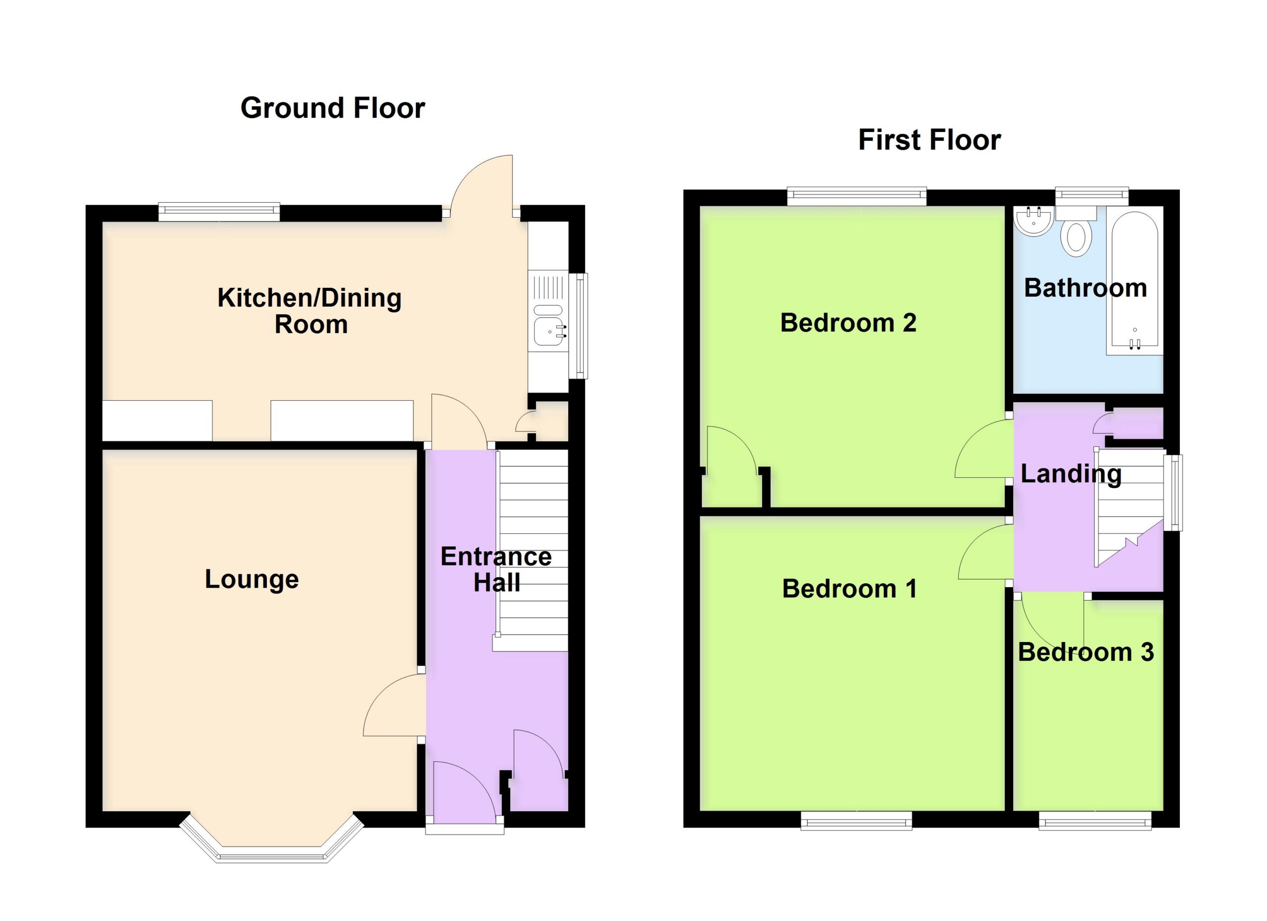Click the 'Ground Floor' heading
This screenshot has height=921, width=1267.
click(x=333, y=108)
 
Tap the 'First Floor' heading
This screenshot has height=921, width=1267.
click(x=929, y=139)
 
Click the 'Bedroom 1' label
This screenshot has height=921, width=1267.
click(x=850, y=589)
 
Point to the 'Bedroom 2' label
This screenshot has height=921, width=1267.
click(x=848, y=322)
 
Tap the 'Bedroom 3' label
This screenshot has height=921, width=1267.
click(x=1086, y=652)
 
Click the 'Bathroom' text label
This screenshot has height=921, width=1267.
click(x=1085, y=288)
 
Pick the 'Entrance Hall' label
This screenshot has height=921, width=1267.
click(x=496, y=569)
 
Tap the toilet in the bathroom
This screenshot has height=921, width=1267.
click(x=1076, y=231)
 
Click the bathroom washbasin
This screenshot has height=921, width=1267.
click(x=1034, y=221)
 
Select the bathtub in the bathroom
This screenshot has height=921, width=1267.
click(x=1134, y=283)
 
